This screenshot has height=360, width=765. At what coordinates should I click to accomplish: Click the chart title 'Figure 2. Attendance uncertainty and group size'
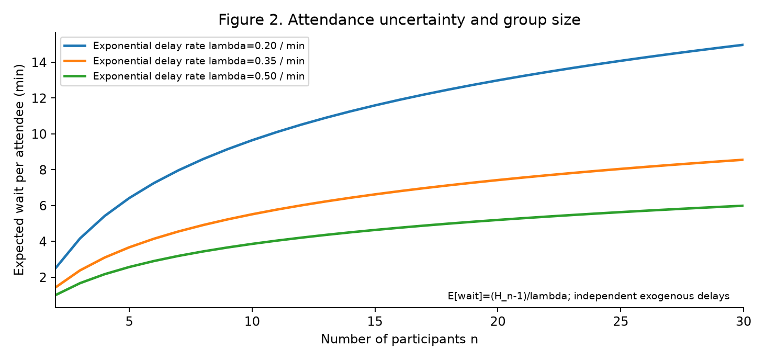point(399,20)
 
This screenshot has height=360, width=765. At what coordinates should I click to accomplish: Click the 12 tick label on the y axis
point(39,98)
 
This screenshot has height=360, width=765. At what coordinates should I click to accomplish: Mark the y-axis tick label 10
point(39,134)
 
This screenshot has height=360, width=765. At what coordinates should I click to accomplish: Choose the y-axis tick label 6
point(43,206)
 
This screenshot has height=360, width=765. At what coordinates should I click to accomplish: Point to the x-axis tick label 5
point(129,321)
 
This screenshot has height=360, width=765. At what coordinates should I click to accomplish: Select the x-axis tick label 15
point(375,321)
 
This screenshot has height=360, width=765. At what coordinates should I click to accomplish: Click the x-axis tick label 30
point(744,321)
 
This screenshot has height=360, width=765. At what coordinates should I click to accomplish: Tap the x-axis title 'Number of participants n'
point(399,339)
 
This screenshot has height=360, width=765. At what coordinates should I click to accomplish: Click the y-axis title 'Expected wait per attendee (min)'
point(19,170)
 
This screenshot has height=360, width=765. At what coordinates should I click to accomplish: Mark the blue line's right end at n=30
point(743,45)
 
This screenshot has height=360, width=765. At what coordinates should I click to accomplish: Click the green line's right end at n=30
point(743,206)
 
